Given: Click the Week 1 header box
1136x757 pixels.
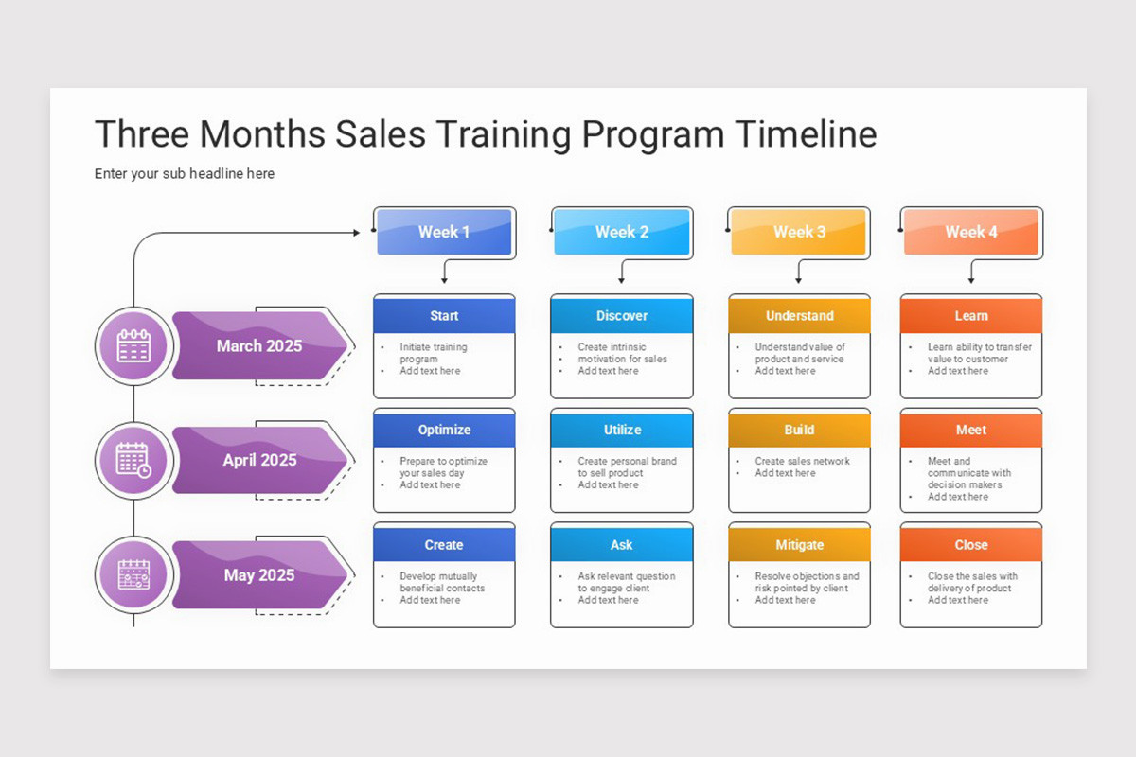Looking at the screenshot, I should [444, 232].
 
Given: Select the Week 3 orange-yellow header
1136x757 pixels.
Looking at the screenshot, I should [798, 232].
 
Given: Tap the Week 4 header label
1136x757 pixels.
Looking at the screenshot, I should [970, 232].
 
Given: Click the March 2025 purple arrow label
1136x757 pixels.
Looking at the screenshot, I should [258, 346].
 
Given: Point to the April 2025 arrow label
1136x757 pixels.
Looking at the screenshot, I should [258, 461].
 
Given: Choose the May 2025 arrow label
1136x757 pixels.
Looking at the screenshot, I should [258, 575].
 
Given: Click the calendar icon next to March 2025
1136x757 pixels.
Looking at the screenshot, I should [133, 346].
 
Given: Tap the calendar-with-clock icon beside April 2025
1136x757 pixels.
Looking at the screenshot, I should [133, 461].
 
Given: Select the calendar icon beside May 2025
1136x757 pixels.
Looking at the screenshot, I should [133, 575].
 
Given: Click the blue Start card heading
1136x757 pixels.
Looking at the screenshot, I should [444, 316].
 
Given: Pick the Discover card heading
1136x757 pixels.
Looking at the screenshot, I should [622, 316].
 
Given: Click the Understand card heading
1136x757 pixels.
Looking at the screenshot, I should [799, 316].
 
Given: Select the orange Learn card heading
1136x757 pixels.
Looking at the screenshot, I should [970, 316].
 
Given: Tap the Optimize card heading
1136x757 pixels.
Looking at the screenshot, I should [444, 430].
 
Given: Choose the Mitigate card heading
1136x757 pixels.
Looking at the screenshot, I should [799, 545].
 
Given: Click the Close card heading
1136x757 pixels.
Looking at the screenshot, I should [970, 545].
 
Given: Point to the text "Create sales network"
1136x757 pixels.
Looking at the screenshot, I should [802, 462].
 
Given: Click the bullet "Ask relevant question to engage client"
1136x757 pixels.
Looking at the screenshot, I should [626, 582].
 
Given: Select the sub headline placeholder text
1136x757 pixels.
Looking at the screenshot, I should [185, 174].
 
